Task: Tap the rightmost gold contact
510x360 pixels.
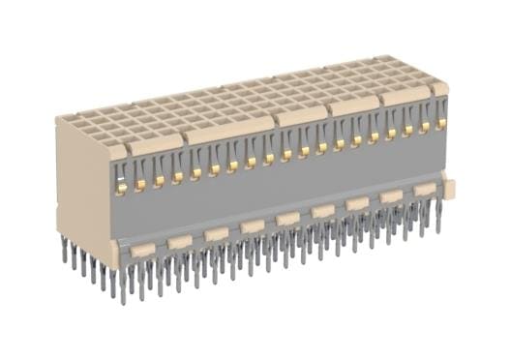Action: coord(441,123)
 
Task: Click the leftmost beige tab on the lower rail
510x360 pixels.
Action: coord(142,250)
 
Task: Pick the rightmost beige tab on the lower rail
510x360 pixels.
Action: coord(424,190)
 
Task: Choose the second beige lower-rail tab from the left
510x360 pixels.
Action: coord(179,241)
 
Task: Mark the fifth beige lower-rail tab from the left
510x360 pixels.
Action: coord(287,219)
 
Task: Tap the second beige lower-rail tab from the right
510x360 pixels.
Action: coord(391,196)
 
